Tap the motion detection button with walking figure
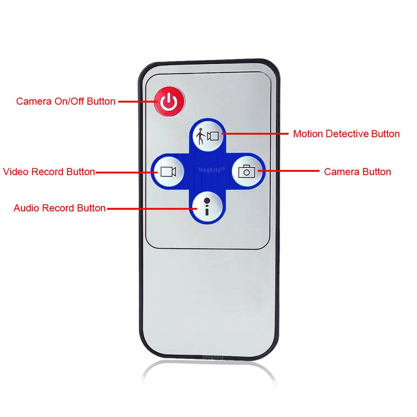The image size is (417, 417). (x=208, y=136)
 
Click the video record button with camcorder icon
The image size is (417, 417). (x=167, y=171)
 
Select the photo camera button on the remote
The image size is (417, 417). (x=247, y=171)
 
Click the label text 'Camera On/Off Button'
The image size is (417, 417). (x=65, y=101)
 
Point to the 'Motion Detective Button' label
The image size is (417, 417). (x=346, y=134)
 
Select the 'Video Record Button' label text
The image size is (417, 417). (x=49, y=172)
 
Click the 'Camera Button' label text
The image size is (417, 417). (x=357, y=172)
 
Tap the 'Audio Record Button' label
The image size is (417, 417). (x=59, y=208)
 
